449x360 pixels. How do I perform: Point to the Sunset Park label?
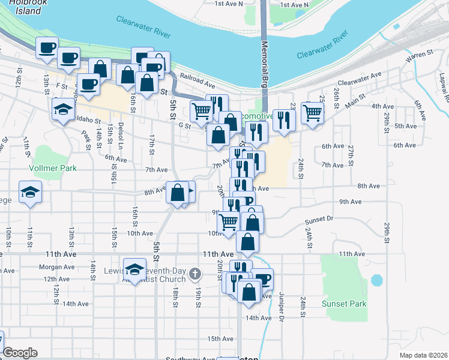(x=344, y=304)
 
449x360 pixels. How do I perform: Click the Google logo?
(x=20, y=353)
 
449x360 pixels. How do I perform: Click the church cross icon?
(x=194, y=275)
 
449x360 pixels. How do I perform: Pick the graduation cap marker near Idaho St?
(x=62, y=110)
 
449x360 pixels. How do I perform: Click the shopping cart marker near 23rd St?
(x=312, y=111)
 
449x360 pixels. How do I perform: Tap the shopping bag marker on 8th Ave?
(x=177, y=193)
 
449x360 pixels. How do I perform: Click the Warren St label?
(x=419, y=55)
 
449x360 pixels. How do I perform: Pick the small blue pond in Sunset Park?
(x=376, y=280)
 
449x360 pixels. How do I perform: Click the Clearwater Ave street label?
(x=359, y=77)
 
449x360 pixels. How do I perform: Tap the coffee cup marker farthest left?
(x=47, y=47)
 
